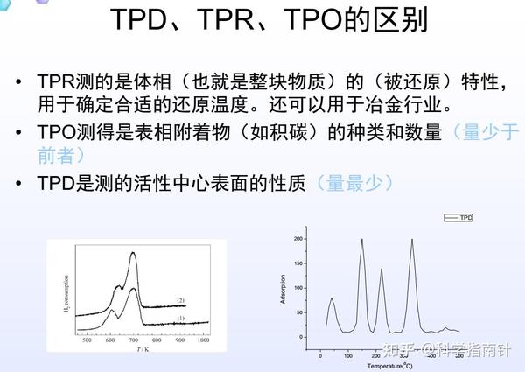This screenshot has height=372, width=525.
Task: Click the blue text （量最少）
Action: pyautogui.click(x=356, y=183)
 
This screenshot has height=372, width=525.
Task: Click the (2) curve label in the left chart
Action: pyautogui.click(x=181, y=300)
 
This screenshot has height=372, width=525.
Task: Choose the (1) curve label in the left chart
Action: pyautogui.click(x=181, y=319)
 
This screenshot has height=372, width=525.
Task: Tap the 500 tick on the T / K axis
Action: pyautogui.click(x=87, y=340)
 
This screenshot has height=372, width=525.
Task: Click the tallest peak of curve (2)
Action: pyautogui.click(x=133, y=254)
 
